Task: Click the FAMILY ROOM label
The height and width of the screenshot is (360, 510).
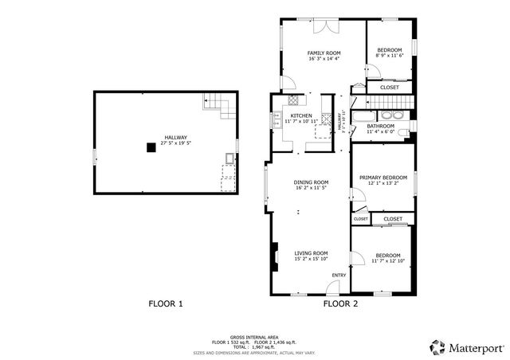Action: pos(324,53)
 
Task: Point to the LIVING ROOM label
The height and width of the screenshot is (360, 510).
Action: pos(311,252)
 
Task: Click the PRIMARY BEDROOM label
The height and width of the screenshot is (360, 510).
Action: pos(382,177)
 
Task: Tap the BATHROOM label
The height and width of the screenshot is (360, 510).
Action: pos(380,126)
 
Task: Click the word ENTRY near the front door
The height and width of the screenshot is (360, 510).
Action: pos(339,276)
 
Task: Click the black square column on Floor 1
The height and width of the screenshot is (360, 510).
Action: pos(149,147)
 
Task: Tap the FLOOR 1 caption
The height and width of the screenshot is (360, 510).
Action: pos(166,303)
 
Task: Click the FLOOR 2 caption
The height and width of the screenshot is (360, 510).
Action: pos(340,303)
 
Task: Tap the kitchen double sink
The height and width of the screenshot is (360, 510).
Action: pos(277,120)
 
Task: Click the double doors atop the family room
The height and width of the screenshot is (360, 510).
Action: pos(324,26)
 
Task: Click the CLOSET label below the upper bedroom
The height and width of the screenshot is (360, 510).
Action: pos(390,88)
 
